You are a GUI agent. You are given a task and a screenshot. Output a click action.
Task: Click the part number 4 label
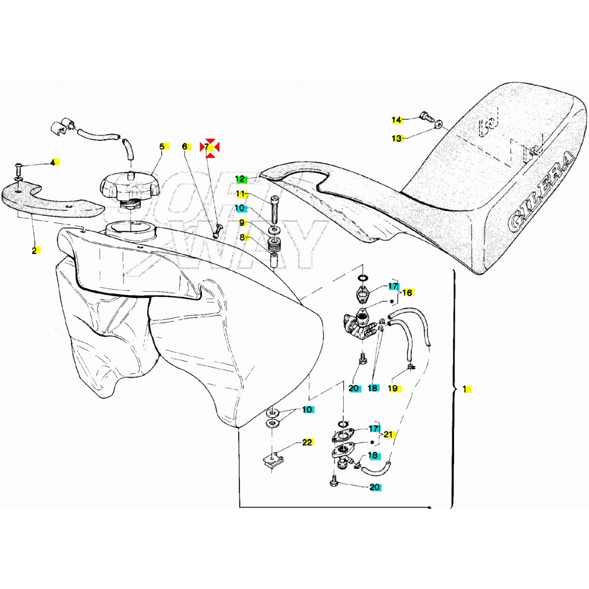click(x=53, y=162)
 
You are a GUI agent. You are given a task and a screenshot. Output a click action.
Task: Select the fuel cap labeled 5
click(x=127, y=187)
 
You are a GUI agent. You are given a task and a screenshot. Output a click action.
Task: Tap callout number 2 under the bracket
click(x=34, y=250)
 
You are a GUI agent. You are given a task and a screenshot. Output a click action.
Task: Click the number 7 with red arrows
click(x=209, y=147)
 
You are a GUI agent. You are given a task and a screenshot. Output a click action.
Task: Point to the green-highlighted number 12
click(x=240, y=179)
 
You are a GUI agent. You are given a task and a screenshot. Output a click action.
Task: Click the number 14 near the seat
click(x=396, y=119)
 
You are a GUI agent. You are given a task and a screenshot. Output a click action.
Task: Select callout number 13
click(x=396, y=139)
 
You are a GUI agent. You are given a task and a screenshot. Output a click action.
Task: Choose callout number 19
click(x=393, y=388)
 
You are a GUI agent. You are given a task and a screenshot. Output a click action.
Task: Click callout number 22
click(x=307, y=442)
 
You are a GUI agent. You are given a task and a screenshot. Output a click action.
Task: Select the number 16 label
click(x=407, y=293)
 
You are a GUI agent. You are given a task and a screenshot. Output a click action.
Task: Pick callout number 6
click(x=185, y=146)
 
